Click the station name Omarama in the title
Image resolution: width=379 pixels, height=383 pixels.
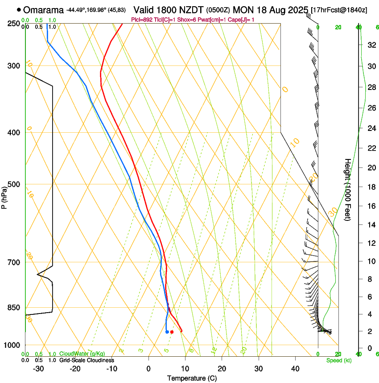click(x=43, y=9)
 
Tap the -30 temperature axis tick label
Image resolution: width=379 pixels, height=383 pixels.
click(x=38, y=369)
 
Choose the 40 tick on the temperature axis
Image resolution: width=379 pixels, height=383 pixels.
click(x=295, y=369)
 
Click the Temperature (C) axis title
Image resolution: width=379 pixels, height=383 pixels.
click(x=192, y=378)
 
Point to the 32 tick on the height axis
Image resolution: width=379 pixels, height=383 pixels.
click(x=371, y=45)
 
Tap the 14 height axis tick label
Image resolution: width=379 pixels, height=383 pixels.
click(x=371, y=225)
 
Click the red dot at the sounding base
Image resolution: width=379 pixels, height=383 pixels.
click(x=172, y=332)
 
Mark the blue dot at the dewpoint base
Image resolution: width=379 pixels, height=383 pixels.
click(x=167, y=332)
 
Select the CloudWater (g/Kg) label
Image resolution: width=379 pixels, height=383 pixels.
click(x=82, y=354)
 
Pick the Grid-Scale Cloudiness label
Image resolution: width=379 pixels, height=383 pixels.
click(x=86, y=360)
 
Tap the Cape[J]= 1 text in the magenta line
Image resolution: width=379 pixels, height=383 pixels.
click(x=242, y=20)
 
